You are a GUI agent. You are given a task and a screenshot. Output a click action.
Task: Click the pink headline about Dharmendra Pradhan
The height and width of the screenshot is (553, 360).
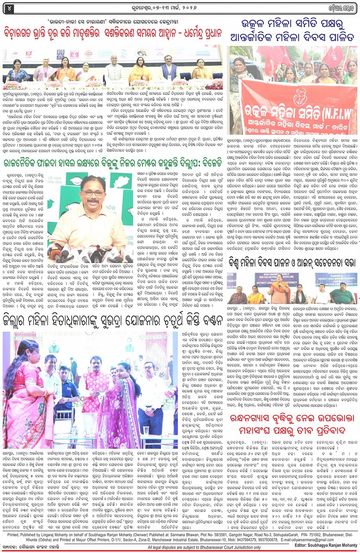113,32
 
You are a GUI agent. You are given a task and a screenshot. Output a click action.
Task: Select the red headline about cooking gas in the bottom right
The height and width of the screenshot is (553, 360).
292,424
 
